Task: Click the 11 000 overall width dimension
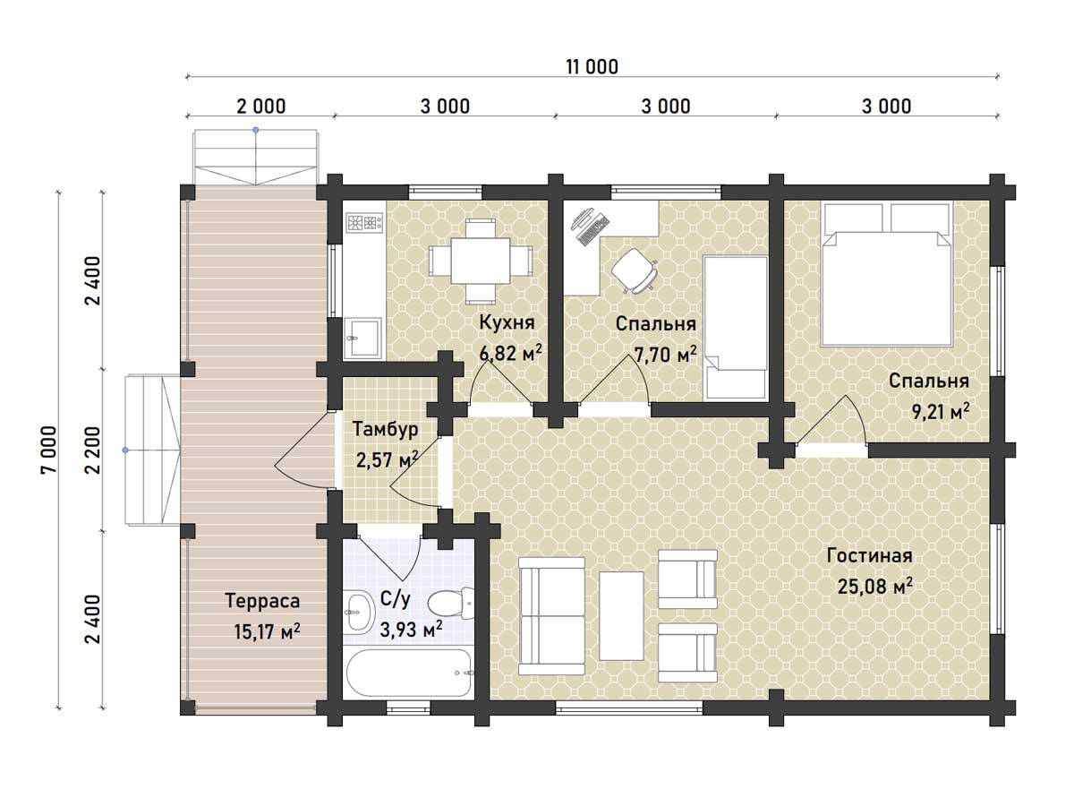(592, 66)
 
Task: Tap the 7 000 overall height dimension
(49, 450)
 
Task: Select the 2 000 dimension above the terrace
(260, 107)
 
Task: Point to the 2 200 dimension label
(92, 450)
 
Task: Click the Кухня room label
(507, 323)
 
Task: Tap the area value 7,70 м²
(666, 354)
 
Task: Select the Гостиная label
(869, 555)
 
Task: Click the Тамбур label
(386, 429)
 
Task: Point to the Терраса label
(263, 601)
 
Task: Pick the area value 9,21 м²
(941, 412)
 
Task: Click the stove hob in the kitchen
(364, 223)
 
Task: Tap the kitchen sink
(362, 338)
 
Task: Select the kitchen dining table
(480, 260)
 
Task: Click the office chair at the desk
(635, 271)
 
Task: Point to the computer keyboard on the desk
(593, 229)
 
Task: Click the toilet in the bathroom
(451, 602)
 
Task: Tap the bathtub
(408, 673)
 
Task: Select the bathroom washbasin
(359, 612)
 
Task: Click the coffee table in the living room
(621, 615)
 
